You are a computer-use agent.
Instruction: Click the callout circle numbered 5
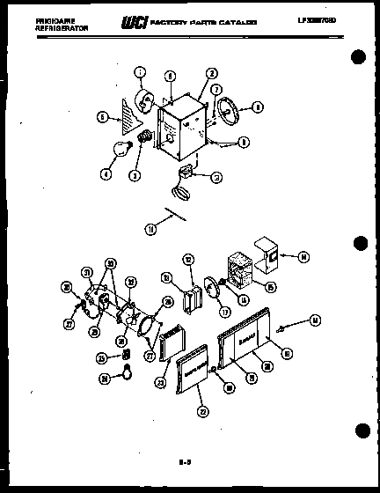(x=102, y=116)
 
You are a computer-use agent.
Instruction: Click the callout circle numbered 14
(x=303, y=258)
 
